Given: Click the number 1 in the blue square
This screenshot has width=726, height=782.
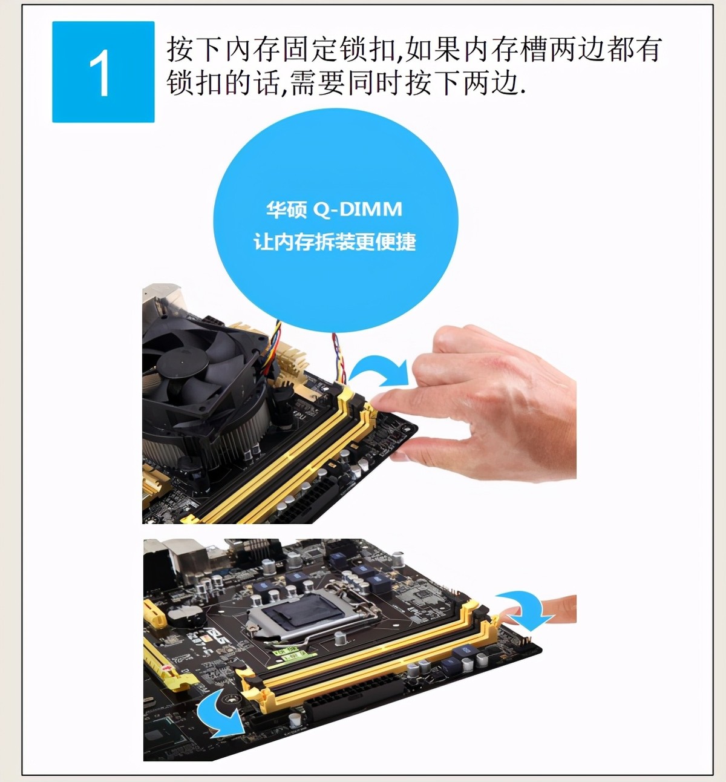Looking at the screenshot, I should (x=100, y=73).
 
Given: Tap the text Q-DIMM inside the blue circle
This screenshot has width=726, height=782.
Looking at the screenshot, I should (x=358, y=209).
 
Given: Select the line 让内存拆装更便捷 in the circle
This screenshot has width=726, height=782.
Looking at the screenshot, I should (x=335, y=242).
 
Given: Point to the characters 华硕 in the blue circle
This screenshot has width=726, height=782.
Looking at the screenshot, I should (x=286, y=209).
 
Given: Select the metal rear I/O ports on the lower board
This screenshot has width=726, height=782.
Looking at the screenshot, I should (x=181, y=560).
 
